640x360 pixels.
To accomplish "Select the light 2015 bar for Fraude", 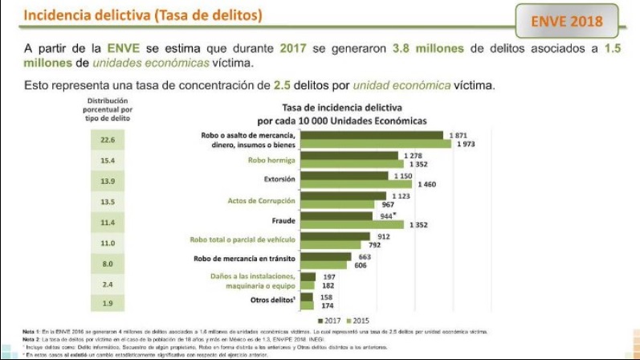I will point(353,225).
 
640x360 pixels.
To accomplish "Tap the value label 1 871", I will point(459,135).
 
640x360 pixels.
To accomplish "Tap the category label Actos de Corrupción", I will point(262,200).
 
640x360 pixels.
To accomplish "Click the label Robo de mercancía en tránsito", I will point(245,259).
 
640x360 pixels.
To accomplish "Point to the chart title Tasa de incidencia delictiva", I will point(340,107).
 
